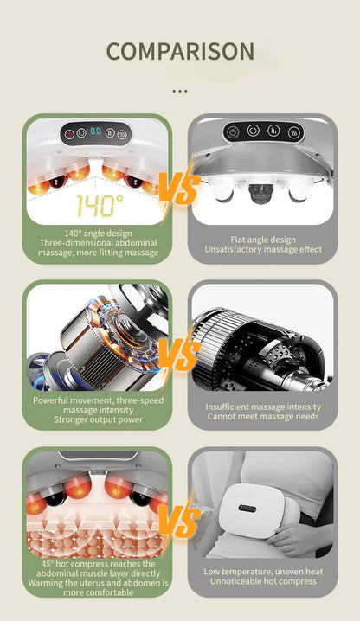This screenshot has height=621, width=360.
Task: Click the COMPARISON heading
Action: click(x=180, y=52)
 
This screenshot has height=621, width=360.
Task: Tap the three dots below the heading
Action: click(x=180, y=92)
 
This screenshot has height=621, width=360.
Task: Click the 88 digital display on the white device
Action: click(x=95, y=131)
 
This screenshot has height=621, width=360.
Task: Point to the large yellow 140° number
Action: click(x=100, y=205)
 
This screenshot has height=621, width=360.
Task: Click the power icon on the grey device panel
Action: click(x=233, y=132)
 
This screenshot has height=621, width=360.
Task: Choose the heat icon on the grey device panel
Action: click(x=294, y=132)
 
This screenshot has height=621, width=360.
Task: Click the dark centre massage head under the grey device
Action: click(x=260, y=193)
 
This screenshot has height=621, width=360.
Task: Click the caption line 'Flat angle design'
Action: click(x=263, y=240)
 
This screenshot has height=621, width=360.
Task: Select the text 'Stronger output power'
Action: click(x=98, y=419)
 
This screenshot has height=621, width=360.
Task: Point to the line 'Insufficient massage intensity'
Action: click(x=263, y=407)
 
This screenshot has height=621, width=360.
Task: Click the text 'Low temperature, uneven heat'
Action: click(x=263, y=572)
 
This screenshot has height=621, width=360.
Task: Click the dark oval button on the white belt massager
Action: click(x=247, y=508)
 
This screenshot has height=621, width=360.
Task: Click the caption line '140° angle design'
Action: click(x=99, y=234)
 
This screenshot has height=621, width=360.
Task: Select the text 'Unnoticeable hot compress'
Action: click(x=263, y=581)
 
